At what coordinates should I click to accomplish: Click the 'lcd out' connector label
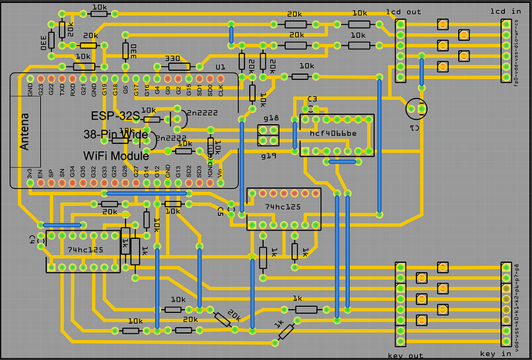(x=404, y=13)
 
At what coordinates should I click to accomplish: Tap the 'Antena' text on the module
(x=24, y=130)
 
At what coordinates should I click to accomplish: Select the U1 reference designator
(x=221, y=68)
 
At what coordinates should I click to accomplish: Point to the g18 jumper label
(x=271, y=118)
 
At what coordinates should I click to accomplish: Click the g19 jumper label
(x=268, y=155)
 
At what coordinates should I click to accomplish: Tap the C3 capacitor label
(x=312, y=99)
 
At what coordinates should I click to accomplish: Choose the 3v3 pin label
(x=30, y=173)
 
